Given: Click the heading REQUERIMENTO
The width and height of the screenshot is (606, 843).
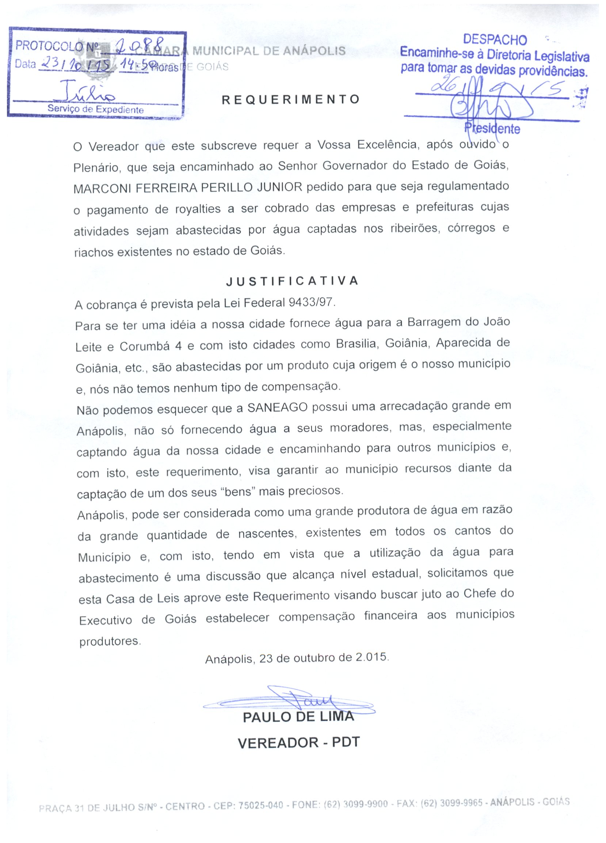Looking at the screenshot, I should pyautogui.click(x=291, y=100).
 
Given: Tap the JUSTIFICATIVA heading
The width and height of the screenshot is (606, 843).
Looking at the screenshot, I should pyautogui.click(x=292, y=281).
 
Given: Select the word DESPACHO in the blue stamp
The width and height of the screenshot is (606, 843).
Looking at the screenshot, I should pyautogui.click(x=495, y=40).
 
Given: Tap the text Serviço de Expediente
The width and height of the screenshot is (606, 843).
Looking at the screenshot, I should pyautogui.click(x=95, y=110).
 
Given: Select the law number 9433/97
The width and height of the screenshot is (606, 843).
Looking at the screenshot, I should pyautogui.click(x=310, y=302).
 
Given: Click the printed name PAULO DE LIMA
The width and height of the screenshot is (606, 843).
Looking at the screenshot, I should pyautogui.click(x=298, y=717).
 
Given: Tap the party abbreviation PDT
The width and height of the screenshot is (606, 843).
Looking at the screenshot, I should pyautogui.click(x=346, y=742).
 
